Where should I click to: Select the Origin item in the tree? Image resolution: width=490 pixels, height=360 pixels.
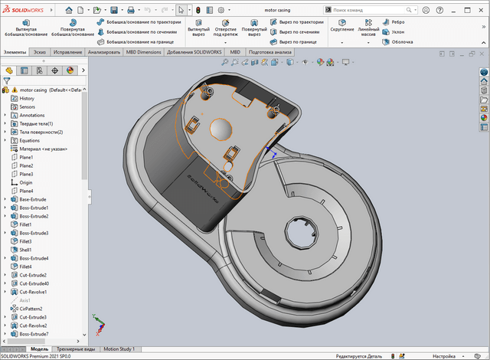pyautogui.click(x=26, y=182)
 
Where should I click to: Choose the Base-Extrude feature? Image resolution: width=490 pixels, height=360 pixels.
pyautogui.click(x=33, y=199)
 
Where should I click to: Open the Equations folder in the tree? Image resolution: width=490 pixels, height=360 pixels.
pyautogui.click(x=30, y=140)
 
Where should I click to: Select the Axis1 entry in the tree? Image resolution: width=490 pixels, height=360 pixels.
pyautogui.click(x=25, y=300)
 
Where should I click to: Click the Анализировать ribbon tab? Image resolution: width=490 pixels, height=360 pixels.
pyautogui.click(x=104, y=52)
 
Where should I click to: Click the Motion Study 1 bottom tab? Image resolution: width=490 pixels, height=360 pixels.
pyautogui.click(x=124, y=349)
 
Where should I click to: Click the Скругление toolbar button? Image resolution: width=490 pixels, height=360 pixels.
pyautogui.click(x=342, y=30)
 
